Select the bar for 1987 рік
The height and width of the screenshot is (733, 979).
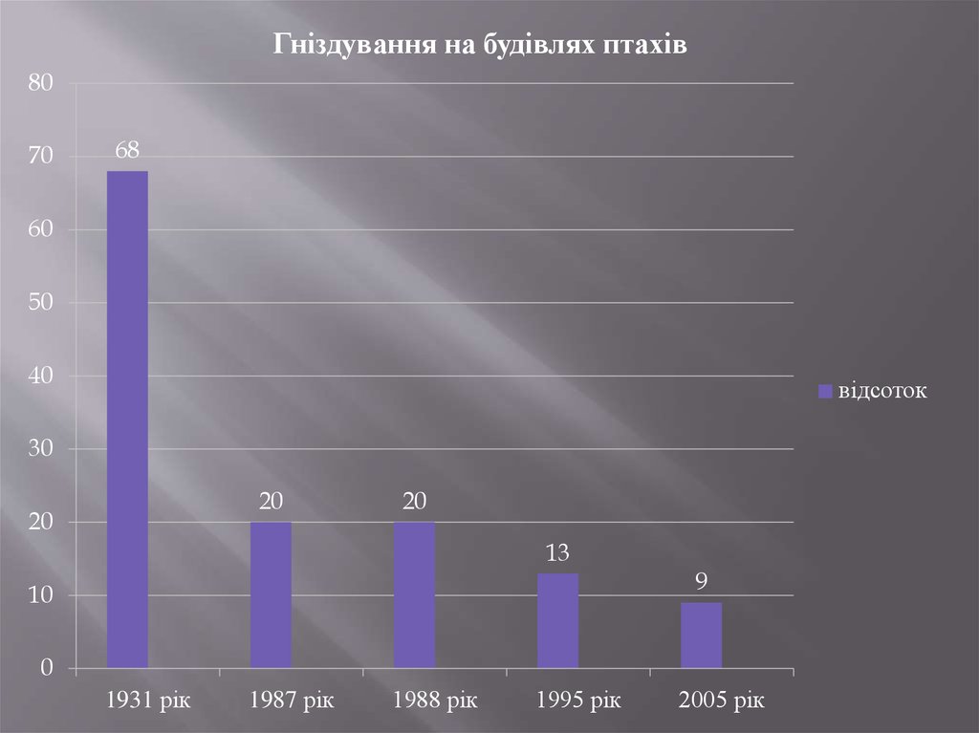[271, 594]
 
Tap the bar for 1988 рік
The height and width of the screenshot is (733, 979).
[414, 594]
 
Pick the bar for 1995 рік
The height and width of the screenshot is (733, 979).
[557, 620]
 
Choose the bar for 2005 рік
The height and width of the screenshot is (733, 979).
[701, 635]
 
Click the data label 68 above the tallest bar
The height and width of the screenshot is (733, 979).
[127, 150]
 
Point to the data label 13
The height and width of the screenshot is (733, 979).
[557, 552]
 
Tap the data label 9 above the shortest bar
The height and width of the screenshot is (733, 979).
[701, 582]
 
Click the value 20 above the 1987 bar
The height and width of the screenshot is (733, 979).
[271, 502]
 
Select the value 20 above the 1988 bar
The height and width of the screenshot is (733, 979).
[414, 502]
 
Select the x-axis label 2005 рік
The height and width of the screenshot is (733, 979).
[722, 701]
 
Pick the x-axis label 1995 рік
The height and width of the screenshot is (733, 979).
[578, 701]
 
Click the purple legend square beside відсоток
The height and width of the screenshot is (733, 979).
[825, 391]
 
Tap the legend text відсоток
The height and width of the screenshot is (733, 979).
[883, 391]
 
